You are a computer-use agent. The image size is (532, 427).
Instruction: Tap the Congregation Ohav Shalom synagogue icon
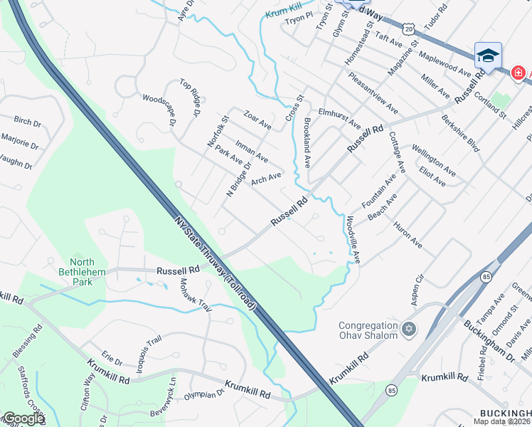click(x=408, y=329)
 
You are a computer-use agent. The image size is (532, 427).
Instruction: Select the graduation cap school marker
click(x=488, y=56)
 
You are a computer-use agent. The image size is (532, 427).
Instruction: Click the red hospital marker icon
click(x=518, y=73)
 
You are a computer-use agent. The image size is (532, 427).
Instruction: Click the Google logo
click(x=23, y=419)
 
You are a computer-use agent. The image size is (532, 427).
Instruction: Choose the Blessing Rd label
click(x=29, y=339)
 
